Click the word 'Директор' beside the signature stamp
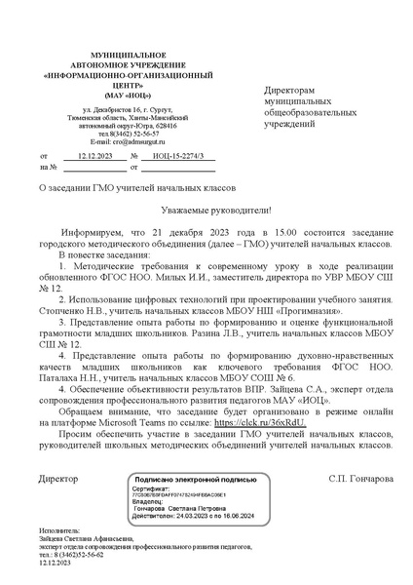[57, 479]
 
